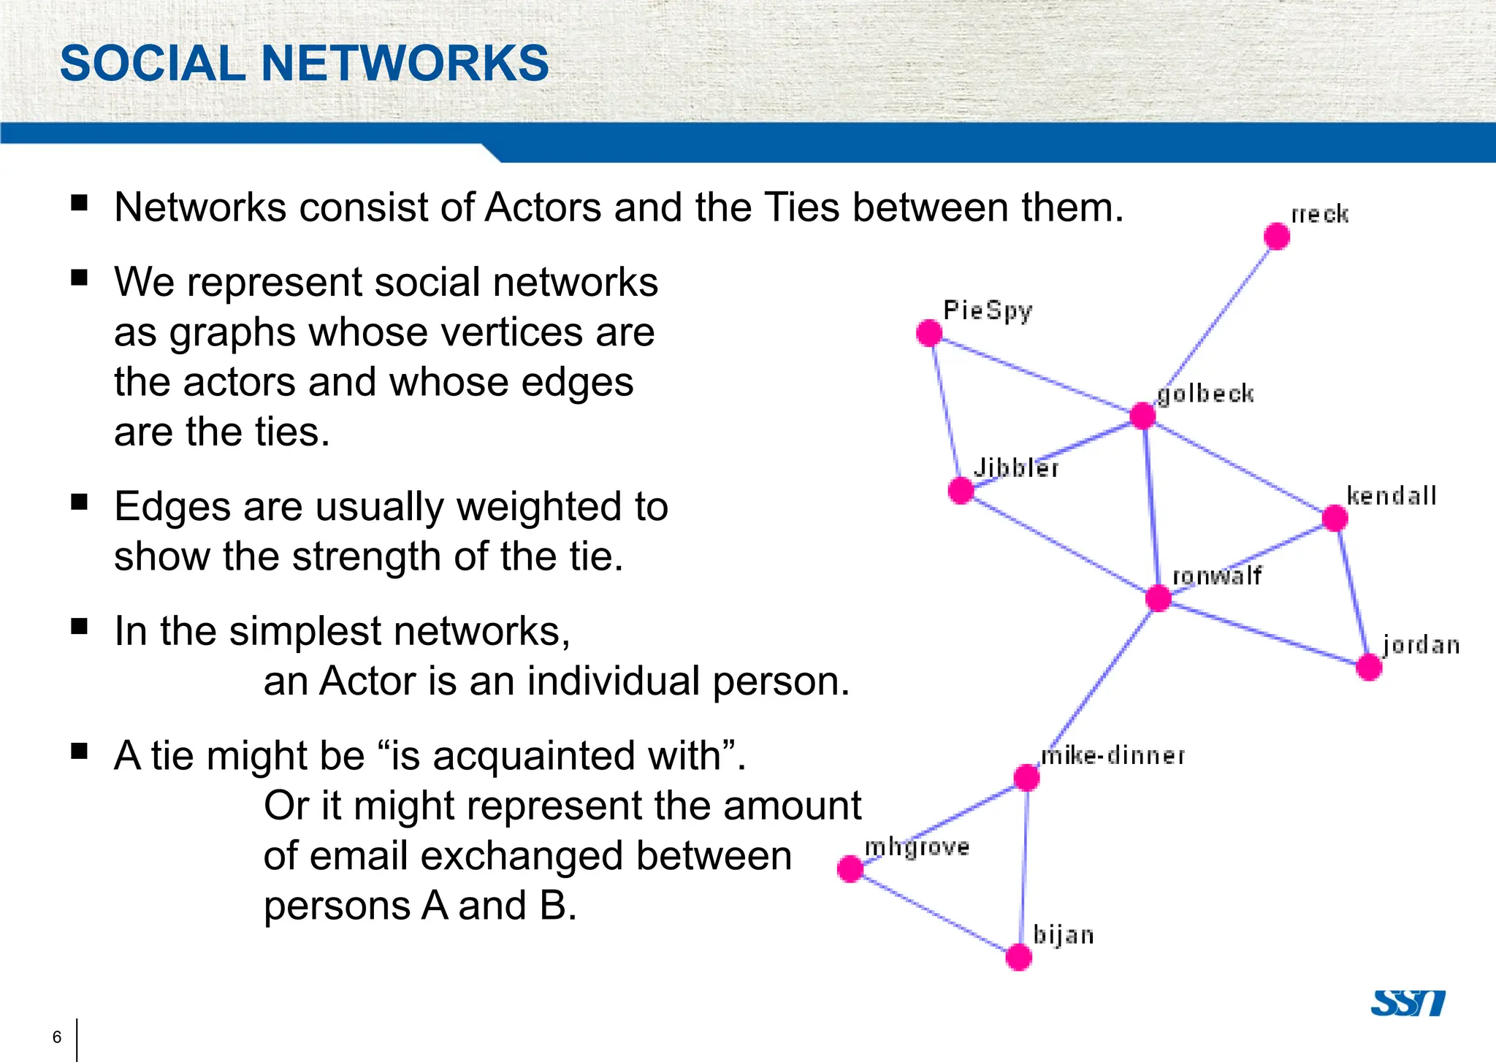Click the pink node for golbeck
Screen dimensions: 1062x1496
[x=1142, y=415]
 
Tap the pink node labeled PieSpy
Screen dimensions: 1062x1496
[x=929, y=333]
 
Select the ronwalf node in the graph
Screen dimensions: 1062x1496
[x=1159, y=597]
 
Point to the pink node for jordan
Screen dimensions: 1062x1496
[x=1369, y=667]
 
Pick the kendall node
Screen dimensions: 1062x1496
[x=1335, y=518]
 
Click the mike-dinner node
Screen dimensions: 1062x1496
[x=1027, y=777]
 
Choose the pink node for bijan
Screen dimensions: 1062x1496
[x=1019, y=957]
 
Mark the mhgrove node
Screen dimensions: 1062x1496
[x=850, y=869]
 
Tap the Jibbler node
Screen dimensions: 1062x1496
[x=961, y=490]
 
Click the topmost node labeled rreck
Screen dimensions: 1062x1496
[x=1277, y=236]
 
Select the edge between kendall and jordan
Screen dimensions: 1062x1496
[x=1352, y=592]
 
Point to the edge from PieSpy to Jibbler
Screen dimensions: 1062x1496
[x=945, y=411]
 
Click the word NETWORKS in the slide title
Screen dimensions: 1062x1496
[x=405, y=63]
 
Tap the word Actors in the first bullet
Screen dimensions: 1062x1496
[x=544, y=207]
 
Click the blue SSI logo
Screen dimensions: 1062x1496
[x=1407, y=1003]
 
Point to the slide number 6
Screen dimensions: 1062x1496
[x=57, y=1037]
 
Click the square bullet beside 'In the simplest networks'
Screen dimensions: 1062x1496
[x=80, y=626]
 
